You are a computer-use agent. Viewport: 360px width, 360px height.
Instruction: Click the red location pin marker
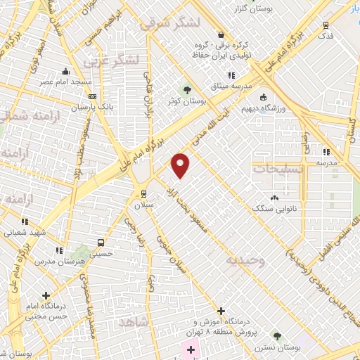point(181,165)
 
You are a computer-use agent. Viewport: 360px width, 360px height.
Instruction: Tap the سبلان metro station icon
point(144,194)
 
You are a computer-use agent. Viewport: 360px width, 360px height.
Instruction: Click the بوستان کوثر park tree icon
point(187,89)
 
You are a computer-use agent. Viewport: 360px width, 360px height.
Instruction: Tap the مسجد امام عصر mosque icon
point(65,71)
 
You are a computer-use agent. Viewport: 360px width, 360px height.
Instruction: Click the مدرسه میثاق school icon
point(231,75)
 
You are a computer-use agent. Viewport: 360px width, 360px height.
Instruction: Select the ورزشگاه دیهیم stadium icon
point(264,98)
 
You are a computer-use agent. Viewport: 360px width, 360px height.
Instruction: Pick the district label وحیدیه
point(245,261)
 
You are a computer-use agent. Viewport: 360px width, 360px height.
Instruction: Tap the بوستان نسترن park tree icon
point(278,336)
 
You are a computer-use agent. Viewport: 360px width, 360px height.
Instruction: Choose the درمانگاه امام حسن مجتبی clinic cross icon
point(46,295)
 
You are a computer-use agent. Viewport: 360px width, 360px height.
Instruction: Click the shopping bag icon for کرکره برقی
point(221,34)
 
